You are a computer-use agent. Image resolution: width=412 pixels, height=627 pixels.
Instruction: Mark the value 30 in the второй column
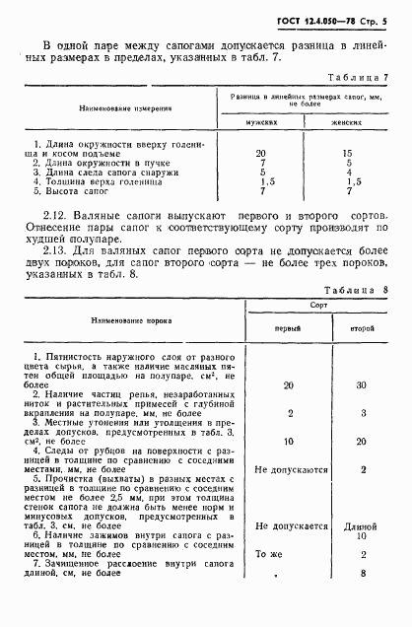[x=361, y=386]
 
